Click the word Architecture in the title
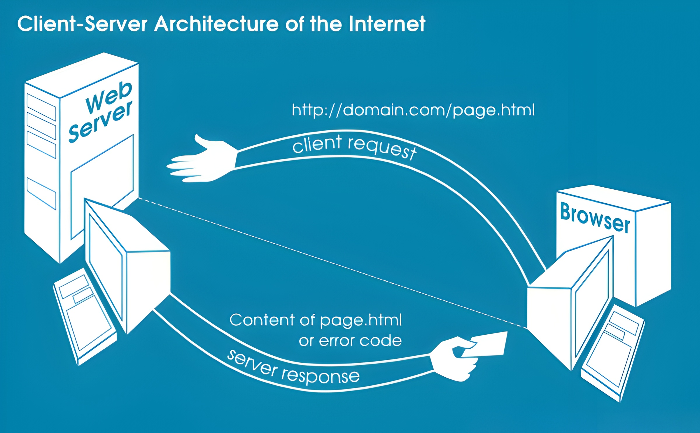point(216,24)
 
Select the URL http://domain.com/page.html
point(413,110)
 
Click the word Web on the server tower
point(109,97)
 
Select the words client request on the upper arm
point(354,147)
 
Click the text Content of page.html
point(316,320)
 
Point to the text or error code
point(350,341)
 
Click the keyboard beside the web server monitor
point(85,317)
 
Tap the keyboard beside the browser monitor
point(612,353)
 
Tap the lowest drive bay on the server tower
point(41,193)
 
